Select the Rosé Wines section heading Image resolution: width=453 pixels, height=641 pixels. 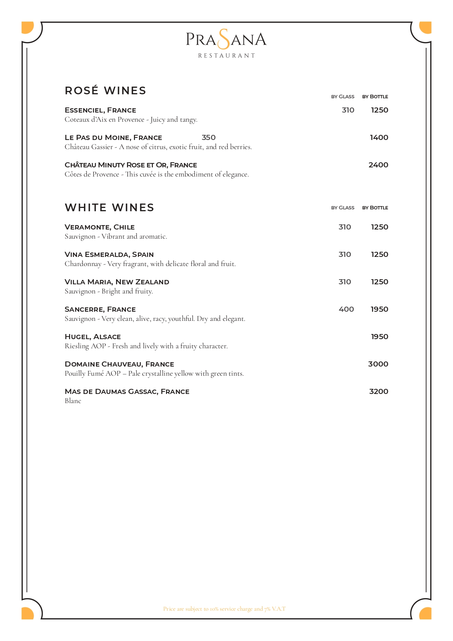105,91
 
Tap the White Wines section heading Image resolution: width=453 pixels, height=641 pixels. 109,208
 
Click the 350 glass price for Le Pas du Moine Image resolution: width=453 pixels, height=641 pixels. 208,137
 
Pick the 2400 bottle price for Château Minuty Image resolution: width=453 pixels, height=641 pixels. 378,165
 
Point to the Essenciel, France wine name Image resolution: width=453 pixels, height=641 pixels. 100,110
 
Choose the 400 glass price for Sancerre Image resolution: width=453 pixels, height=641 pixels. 346,309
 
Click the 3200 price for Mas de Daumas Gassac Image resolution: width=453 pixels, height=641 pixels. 379,391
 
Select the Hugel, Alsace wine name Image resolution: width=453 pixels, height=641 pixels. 93,337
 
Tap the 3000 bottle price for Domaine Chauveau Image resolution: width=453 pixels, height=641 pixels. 378,364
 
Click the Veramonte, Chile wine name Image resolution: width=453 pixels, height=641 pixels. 100,227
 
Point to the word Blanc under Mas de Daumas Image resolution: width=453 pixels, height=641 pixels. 73,401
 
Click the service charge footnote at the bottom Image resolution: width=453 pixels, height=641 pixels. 224,609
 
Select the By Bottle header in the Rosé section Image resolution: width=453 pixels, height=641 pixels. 375,97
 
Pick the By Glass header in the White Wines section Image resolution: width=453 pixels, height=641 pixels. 343,208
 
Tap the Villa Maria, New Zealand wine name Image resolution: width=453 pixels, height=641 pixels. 117,282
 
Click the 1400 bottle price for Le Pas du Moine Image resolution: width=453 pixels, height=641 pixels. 379,137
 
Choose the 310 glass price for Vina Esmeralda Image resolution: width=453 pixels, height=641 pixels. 345,254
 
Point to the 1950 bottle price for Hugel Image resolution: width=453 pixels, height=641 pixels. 379,337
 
